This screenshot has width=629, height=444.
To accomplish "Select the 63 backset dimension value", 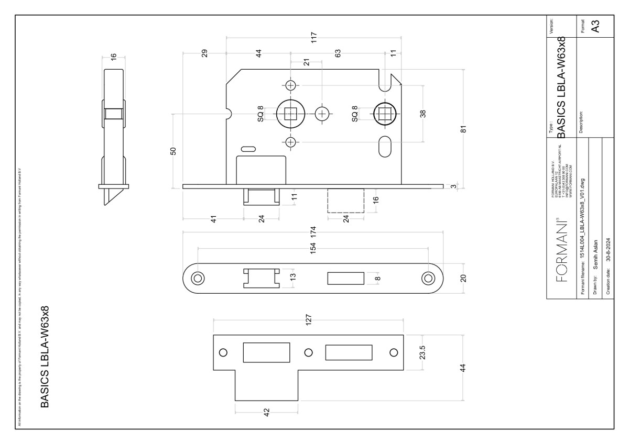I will pyautogui.click(x=338, y=53).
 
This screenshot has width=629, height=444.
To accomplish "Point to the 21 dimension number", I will pyautogui.click(x=307, y=61).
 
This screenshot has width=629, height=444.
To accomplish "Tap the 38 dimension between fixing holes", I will pyautogui.click(x=423, y=113).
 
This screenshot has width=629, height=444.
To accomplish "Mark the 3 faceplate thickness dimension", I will pyautogui.click(x=454, y=186).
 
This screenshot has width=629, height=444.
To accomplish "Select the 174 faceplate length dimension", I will pyautogui.click(x=314, y=232).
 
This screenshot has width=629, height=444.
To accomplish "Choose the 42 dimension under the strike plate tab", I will pyautogui.click(x=266, y=412).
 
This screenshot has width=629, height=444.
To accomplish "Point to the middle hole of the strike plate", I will pyautogui.click(x=308, y=352).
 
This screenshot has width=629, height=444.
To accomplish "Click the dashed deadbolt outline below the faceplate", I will pyautogui.click(x=345, y=201).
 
